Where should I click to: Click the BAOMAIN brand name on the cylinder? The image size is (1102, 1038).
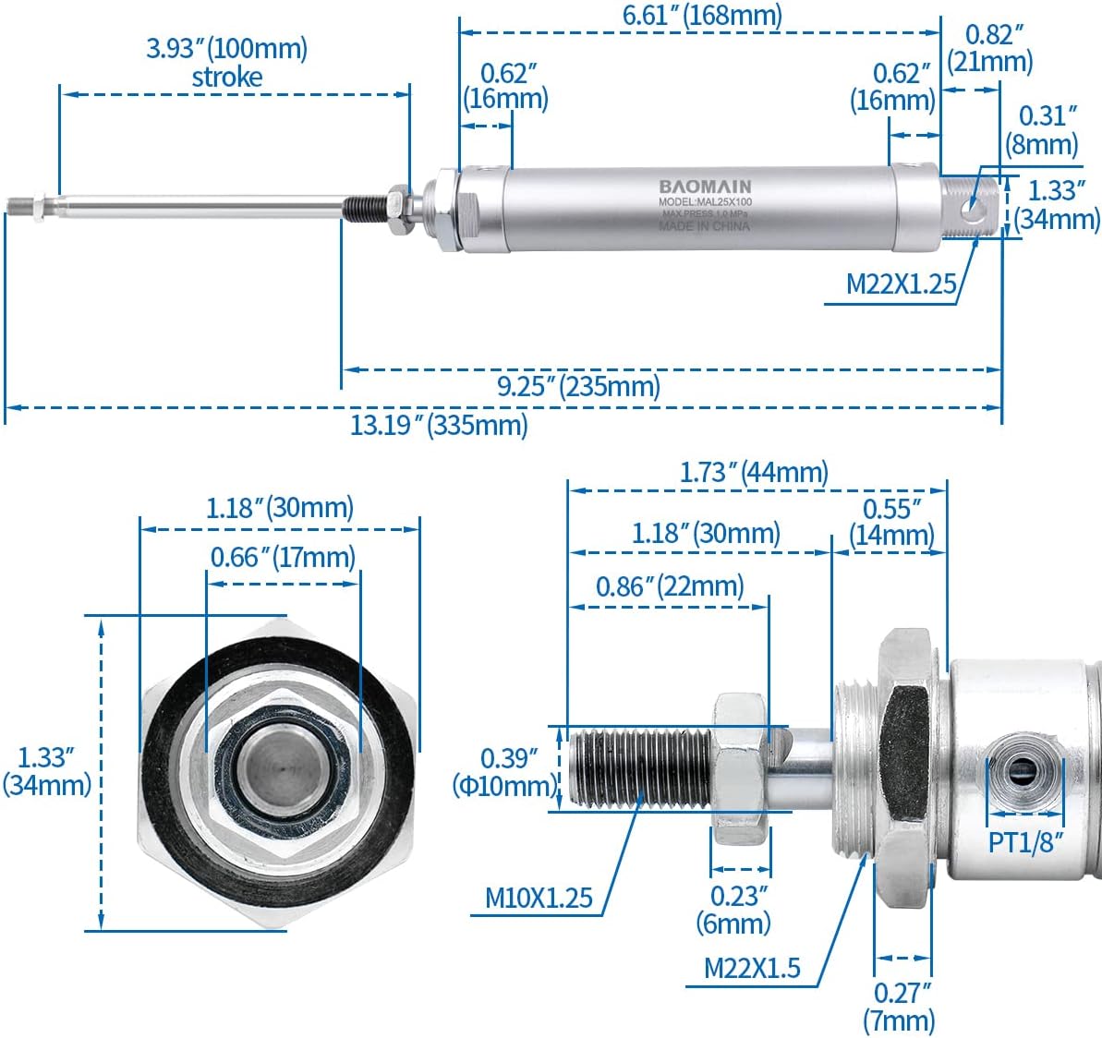point(705,187)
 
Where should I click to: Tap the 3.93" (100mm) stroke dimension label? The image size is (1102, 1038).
point(227,62)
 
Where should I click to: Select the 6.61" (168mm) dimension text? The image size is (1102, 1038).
point(702,15)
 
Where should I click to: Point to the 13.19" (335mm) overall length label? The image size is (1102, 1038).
point(439,425)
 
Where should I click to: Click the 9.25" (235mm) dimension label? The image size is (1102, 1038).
point(579,386)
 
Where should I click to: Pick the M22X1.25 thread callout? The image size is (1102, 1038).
point(901,284)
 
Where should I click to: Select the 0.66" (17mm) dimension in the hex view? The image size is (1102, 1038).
point(283,557)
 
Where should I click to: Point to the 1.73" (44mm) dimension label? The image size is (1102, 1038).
point(754,472)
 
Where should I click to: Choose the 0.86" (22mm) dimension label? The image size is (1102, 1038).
point(670,586)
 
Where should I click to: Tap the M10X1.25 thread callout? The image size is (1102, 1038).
point(539,897)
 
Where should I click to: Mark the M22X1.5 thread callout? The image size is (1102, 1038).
point(752,968)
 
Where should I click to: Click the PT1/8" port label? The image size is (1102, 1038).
point(1025,841)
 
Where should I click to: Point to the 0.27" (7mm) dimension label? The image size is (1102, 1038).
point(900,1007)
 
